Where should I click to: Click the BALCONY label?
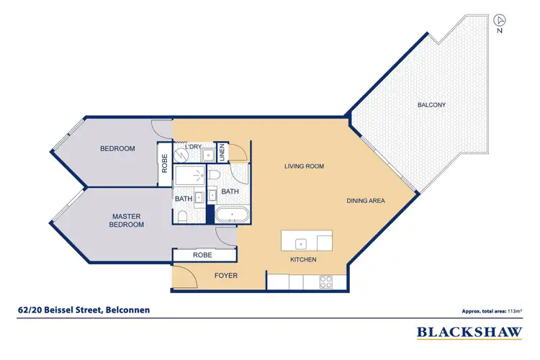click(431, 105)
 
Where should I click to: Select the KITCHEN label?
click(303, 259)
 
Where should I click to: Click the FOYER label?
click(226, 276)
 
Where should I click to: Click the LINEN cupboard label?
click(222, 152)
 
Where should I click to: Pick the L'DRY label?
click(193, 147)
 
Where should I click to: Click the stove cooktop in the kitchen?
click(325, 282)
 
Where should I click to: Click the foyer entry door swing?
click(182, 274)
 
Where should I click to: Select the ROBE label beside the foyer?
click(202, 256)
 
